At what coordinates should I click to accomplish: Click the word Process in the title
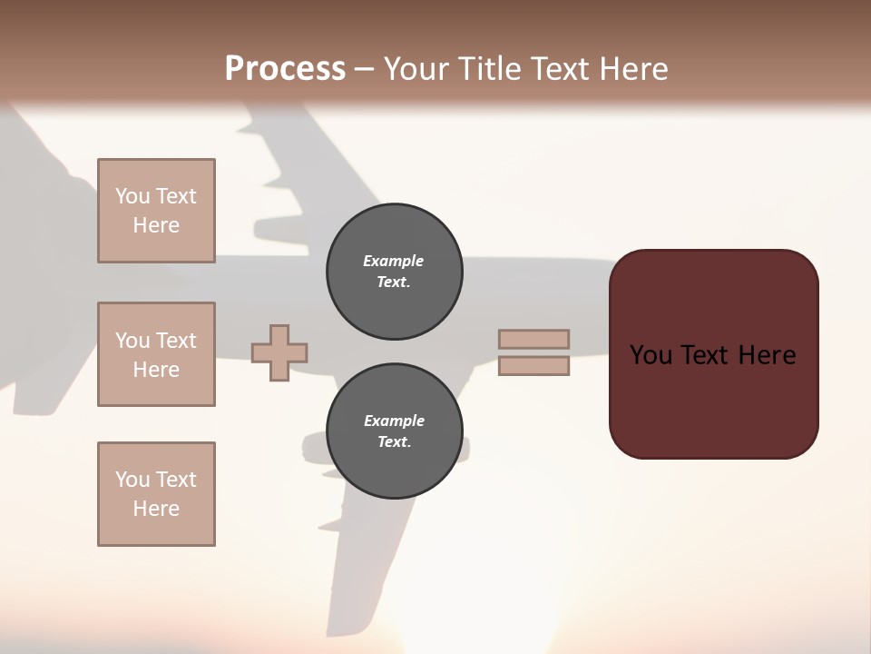click(x=285, y=69)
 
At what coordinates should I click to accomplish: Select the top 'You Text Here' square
click(x=156, y=211)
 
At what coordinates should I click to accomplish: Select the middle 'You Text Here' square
click(x=156, y=354)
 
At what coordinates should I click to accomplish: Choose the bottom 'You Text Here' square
click(x=156, y=494)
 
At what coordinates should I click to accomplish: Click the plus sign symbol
click(x=279, y=352)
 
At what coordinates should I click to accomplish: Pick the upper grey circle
click(x=394, y=272)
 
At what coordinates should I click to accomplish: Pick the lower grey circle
click(x=394, y=431)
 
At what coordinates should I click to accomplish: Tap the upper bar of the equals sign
click(x=533, y=339)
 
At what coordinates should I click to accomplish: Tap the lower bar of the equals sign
click(x=533, y=366)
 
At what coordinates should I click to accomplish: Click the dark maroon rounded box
click(x=713, y=400)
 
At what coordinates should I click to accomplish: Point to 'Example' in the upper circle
click(x=394, y=261)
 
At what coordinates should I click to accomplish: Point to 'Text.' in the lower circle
click(x=394, y=442)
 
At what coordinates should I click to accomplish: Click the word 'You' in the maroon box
click(x=651, y=355)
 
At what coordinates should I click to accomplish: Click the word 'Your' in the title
click(x=417, y=69)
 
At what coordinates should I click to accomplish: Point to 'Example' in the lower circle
click(x=394, y=421)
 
